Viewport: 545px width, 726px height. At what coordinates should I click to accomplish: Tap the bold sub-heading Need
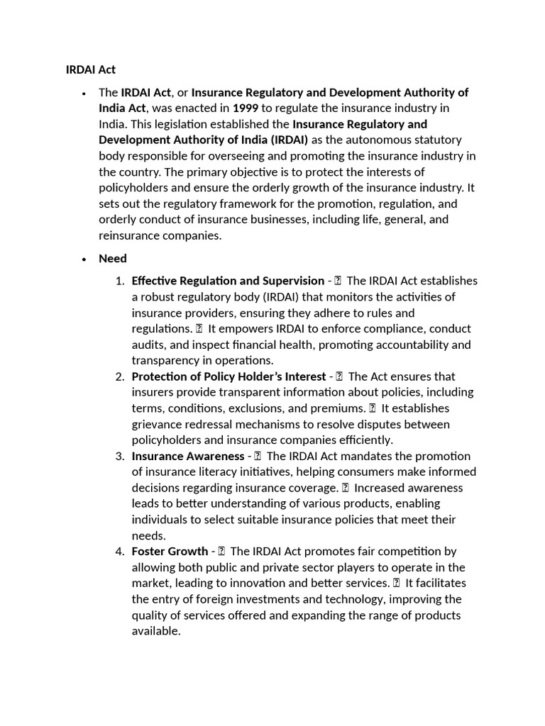113,258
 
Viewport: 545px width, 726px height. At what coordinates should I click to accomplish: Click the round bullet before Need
84,259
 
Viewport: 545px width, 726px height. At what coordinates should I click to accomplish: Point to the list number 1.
120,281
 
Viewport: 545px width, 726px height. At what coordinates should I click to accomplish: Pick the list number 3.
120,456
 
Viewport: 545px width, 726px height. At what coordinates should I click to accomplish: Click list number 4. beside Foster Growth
120,551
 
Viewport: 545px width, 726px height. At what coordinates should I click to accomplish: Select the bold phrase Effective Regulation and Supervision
228,281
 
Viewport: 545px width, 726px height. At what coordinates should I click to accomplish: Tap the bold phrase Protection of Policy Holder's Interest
229,376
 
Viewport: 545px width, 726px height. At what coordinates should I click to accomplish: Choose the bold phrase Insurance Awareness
187,456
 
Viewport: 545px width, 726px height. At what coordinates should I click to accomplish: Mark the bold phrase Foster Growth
170,551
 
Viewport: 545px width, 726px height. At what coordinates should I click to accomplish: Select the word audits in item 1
148,345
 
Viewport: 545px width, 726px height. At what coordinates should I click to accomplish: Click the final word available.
156,630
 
